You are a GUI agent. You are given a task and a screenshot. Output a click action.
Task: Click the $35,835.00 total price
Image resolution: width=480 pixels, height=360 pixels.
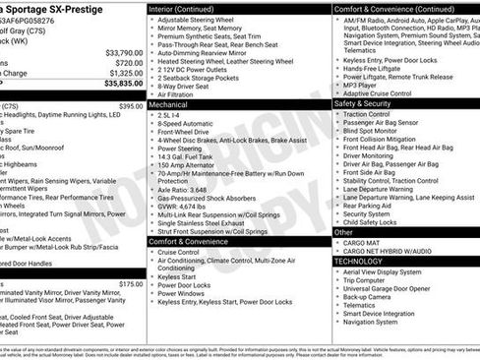[116, 85]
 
